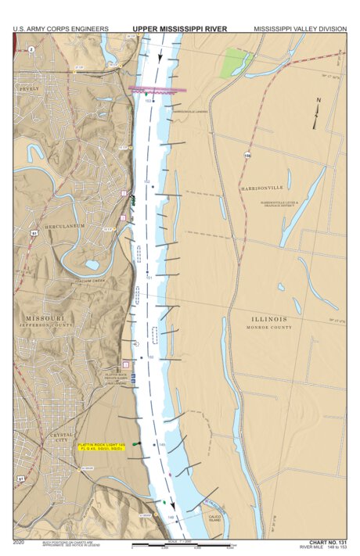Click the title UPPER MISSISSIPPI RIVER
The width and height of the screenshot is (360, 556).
tap(180, 29)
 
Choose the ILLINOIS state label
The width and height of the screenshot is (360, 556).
tap(269, 318)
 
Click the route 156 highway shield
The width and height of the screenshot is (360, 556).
tap(247, 156)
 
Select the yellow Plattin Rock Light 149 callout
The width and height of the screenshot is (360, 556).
tap(101, 448)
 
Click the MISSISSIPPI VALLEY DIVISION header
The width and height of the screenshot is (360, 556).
tap(300, 29)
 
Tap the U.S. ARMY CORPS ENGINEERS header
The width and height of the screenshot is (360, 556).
tap(60, 29)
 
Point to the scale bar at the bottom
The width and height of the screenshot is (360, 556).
tap(187, 545)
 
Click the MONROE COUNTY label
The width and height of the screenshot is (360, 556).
tap(270, 328)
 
